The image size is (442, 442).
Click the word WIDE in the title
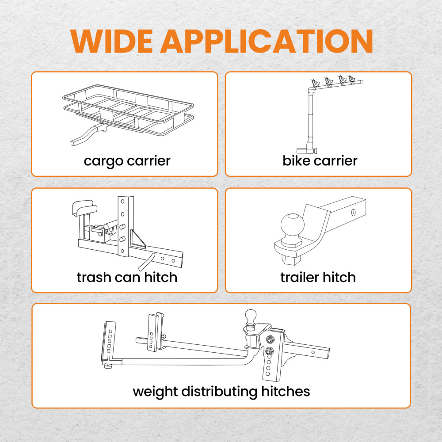112,41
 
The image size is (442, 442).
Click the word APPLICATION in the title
267,41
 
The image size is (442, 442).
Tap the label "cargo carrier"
127,161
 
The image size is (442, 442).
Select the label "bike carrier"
320,161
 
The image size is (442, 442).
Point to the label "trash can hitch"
127,277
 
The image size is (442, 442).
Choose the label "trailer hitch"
318,277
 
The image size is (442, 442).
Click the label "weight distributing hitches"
221,392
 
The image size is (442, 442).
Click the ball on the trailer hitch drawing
293,225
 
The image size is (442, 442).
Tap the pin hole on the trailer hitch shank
353,212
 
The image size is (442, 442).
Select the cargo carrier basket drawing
128,110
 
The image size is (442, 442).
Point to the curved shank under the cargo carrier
89,134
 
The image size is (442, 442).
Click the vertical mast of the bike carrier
311,118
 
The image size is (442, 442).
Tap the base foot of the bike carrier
306,151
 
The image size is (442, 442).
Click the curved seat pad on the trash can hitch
84,207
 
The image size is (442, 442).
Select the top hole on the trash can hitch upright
122,202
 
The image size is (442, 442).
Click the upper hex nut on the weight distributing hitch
270,339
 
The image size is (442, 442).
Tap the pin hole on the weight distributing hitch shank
313,352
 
